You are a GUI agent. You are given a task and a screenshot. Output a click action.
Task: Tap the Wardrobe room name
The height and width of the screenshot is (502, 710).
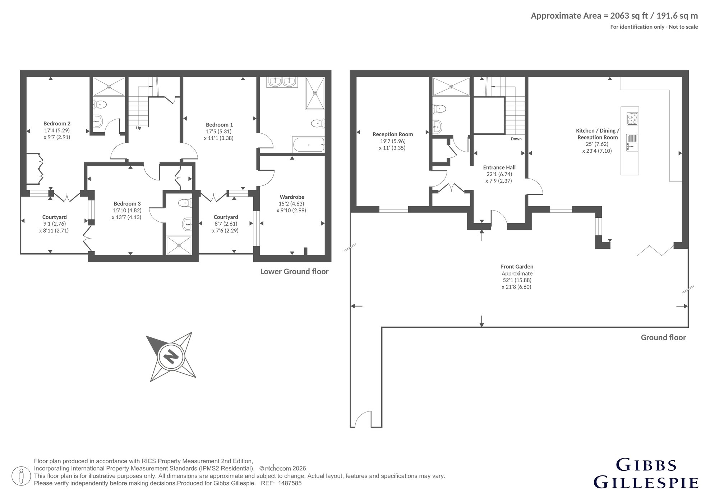[292, 197]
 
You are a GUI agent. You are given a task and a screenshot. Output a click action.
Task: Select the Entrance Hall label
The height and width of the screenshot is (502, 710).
[499, 167]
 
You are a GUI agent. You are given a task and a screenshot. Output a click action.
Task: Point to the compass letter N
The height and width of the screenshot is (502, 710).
[171, 356]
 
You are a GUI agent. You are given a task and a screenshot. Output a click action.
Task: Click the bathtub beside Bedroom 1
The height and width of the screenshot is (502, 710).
[308, 144]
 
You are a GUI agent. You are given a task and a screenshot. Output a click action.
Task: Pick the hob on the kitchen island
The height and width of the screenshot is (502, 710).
[632, 119]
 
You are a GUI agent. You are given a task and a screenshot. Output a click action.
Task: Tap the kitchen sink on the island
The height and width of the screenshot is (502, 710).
[632, 142]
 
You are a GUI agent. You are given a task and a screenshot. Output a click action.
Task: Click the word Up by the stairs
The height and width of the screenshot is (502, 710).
[138, 128]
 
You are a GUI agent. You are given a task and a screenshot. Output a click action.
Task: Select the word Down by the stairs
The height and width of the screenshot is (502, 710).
[516, 139]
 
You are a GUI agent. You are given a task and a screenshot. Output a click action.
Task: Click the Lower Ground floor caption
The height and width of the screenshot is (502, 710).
[294, 272]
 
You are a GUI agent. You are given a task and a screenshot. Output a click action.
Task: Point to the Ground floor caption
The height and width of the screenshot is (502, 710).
[663, 337]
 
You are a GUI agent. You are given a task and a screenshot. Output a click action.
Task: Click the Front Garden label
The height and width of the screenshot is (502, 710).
[517, 267]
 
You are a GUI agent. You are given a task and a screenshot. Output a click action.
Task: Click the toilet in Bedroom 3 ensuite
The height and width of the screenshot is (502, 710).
[184, 203]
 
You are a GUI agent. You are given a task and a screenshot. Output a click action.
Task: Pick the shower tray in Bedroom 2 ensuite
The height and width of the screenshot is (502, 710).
[109, 86]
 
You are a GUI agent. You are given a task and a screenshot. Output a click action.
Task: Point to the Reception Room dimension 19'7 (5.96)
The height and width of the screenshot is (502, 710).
[393, 141]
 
